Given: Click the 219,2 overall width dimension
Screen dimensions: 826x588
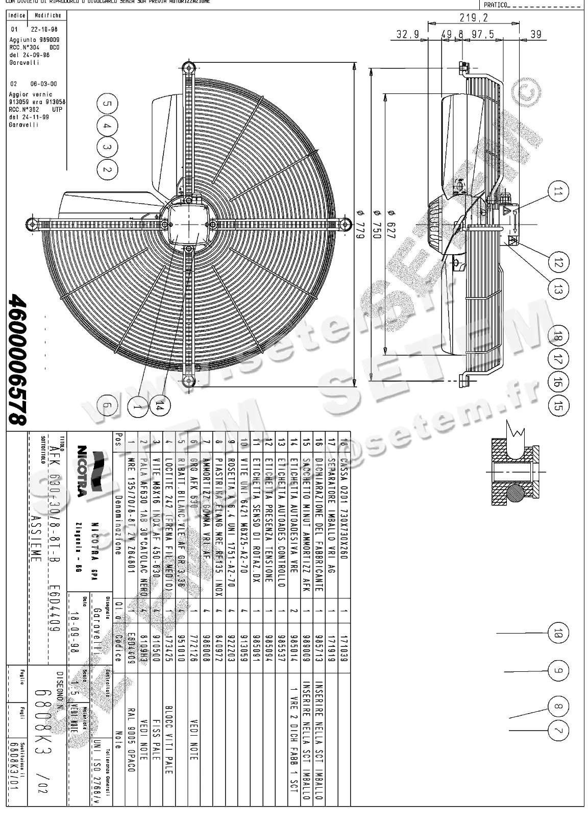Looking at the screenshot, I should point(473,18).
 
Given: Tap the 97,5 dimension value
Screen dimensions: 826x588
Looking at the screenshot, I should point(482,35).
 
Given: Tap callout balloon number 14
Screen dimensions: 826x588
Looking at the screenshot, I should point(160,406).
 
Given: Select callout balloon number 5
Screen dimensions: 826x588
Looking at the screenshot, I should point(106,104).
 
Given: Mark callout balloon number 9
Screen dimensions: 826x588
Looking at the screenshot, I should point(558,670).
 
